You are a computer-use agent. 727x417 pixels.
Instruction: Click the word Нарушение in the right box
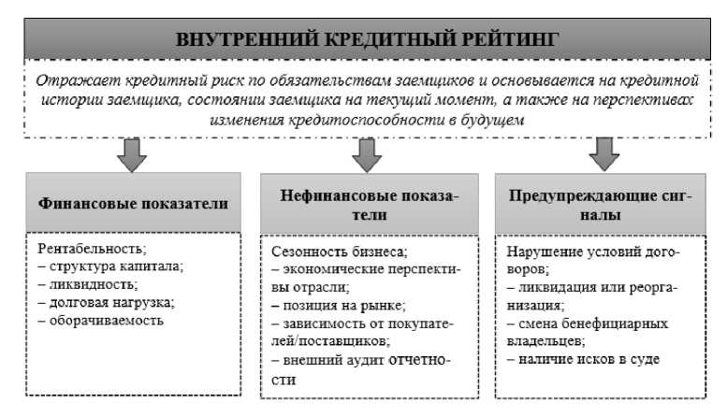click(542, 252)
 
